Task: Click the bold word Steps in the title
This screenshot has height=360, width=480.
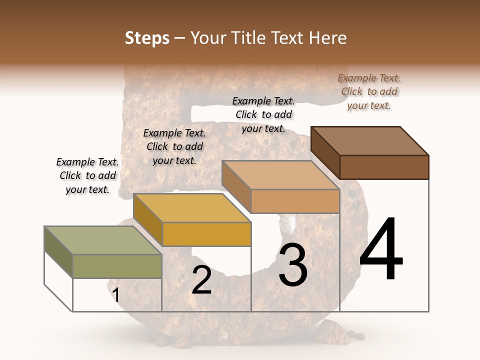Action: click(147, 38)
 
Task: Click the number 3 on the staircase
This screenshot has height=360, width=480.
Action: click(293, 265)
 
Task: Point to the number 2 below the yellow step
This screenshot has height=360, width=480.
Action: click(201, 280)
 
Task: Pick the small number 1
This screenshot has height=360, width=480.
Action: click(116, 295)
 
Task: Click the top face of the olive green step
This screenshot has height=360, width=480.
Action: click(102, 240)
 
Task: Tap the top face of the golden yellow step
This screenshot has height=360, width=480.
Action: click(191, 208)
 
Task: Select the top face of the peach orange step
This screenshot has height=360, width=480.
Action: click(280, 175)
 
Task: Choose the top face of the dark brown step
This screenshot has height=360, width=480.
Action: click(369, 141)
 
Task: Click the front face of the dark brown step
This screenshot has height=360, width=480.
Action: click(384, 167)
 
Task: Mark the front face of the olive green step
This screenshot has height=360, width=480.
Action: click(117, 266)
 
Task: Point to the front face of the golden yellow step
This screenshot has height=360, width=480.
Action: click(206, 234)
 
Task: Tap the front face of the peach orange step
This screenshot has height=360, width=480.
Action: click(295, 201)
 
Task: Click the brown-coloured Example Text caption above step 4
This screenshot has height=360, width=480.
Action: click(369, 91)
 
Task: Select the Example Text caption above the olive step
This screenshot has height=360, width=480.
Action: click(87, 175)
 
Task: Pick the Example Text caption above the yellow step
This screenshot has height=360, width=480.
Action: click(174, 146)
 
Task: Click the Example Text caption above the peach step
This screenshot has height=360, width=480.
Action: click(263, 114)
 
